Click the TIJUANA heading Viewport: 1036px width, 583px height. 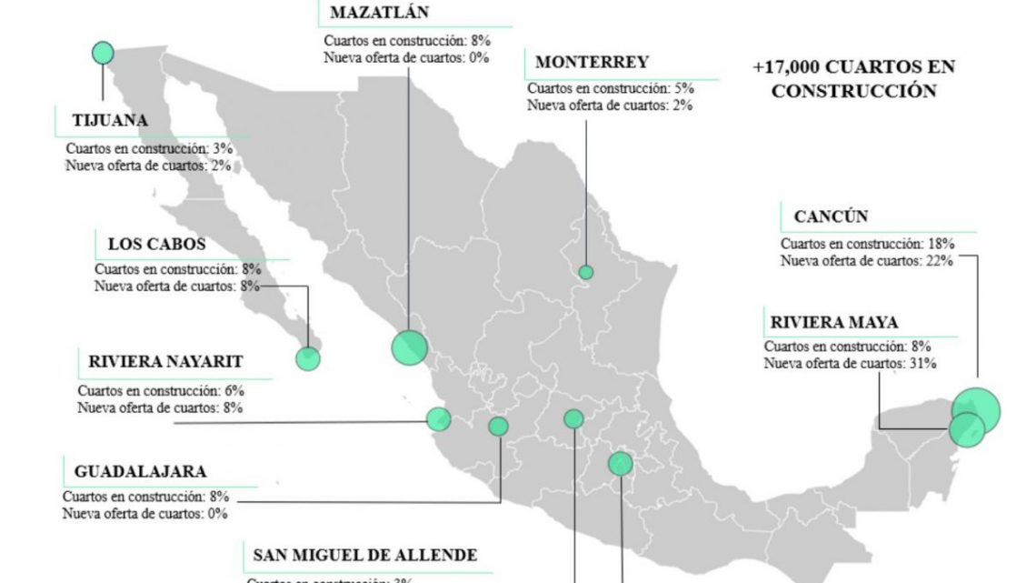pyautogui.click(x=110, y=121)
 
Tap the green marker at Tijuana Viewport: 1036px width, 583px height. pyautogui.click(x=104, y=54)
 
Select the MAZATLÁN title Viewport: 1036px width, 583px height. pyautogui.click(x=379, y=13)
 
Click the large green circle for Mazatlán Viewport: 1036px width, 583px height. pyautogui.click(x=409, y=347)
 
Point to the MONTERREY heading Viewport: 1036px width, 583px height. pyautogui.click(x=592, y=63)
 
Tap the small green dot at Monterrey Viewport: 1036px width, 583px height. pyautogui.click(x=586, y=272)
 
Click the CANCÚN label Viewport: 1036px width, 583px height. pyautogui.click(x=831, y=217)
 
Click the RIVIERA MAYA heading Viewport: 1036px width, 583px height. pyautogui.click(x=834, y=322)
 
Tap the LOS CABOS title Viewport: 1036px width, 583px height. pyautogui.click(x=156, y=244)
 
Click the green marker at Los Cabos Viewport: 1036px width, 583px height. pyautogui.click(x=308, y=357)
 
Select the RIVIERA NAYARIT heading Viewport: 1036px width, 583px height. pyautogui.click(x=165, y=361)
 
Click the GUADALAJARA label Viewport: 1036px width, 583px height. pyautogui.click(x=140, y=472)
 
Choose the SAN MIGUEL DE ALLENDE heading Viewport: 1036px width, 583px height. pyautogui.click(x=364, y=556)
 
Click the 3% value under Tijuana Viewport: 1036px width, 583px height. pyautogui.click(x=220, y=147)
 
